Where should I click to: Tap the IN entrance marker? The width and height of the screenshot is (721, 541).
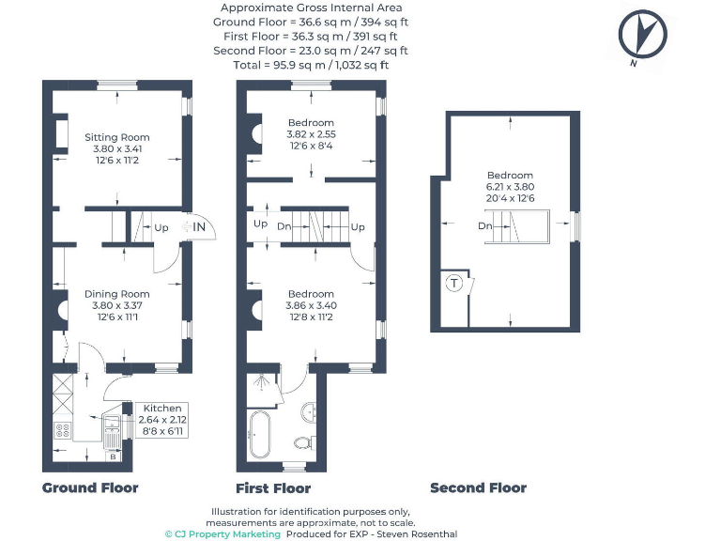pos(199,226)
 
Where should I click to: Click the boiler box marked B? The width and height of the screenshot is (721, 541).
pos(114,457)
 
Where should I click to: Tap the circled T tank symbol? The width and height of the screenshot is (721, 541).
pos(455,284)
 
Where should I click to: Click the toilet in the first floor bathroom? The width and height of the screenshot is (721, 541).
pos(303,441)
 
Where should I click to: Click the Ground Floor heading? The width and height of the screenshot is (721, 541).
pos(90,487)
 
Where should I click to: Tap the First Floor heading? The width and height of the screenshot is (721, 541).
pos(273,488)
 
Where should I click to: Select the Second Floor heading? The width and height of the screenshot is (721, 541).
pos(478,487)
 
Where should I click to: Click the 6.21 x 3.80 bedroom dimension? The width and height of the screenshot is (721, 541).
pos(510,187)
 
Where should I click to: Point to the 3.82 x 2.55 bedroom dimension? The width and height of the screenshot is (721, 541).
pos(311,134)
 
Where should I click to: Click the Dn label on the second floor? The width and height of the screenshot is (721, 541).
pos(484,226)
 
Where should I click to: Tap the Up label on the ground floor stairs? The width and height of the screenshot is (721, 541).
pos(161,227)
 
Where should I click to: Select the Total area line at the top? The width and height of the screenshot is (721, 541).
pos(311,65)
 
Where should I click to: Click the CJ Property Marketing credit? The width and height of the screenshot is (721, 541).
pos(222,533)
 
